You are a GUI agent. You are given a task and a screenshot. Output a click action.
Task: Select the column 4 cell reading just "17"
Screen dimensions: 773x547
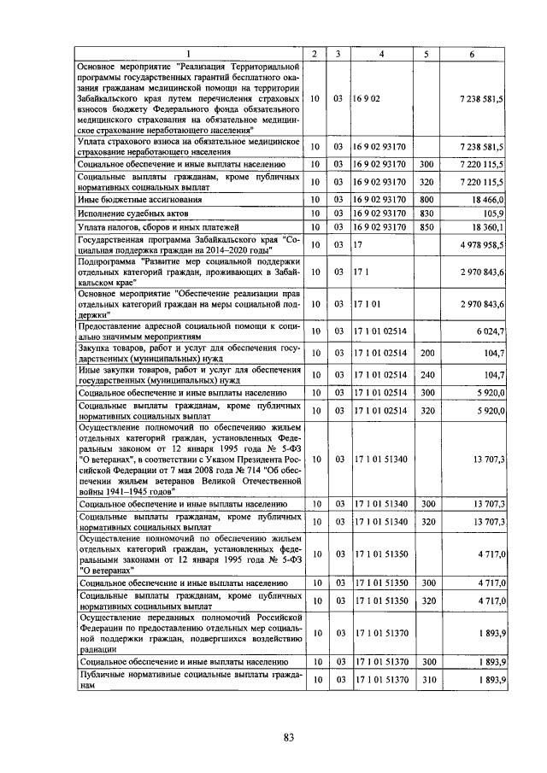[x=359, y=245]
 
